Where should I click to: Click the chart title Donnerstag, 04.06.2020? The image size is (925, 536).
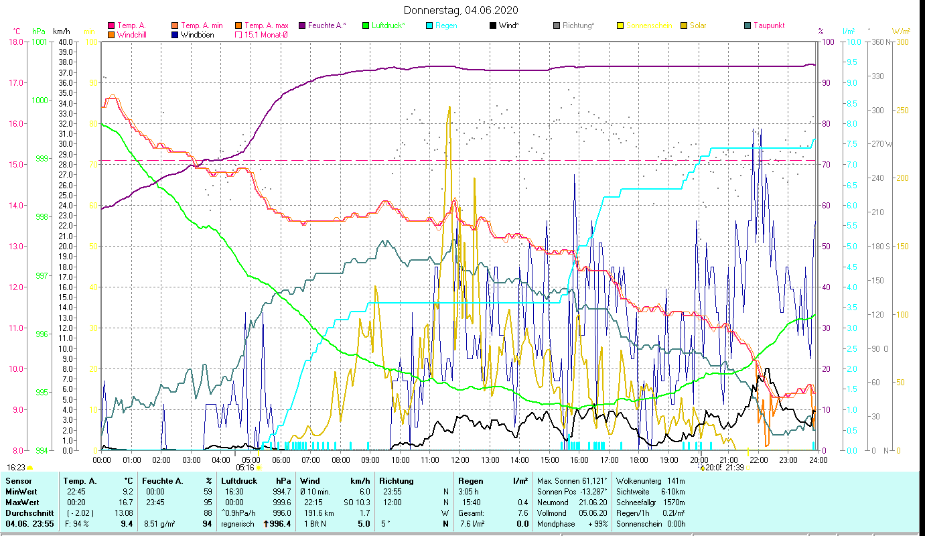click(x=461, y=11)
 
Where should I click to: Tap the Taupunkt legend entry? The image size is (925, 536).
click(x=768, y=25)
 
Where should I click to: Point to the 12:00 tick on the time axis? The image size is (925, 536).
click(x=459, y=460)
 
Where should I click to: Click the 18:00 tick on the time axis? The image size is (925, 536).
click(x=639, y=460)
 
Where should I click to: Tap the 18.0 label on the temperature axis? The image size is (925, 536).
click(x=15, y=42)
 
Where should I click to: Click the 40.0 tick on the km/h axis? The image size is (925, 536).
click(x=65, y=42)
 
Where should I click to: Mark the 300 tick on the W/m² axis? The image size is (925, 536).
click(x=902, y=42)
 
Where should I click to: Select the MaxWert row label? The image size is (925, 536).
click(x=23, y=503)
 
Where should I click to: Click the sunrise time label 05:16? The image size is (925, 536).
click(x=245, y=468)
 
